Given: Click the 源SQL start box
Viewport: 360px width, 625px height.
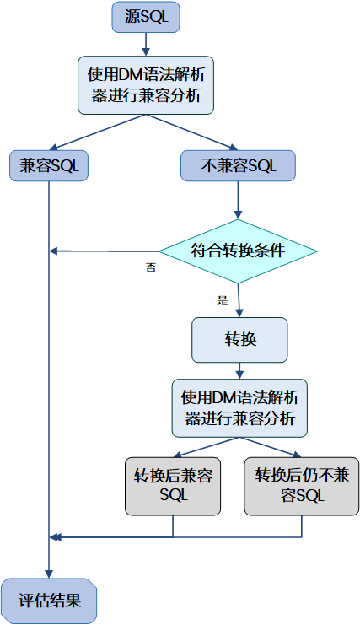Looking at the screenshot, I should click(145, 17).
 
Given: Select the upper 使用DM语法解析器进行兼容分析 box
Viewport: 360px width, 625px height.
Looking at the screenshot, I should click(145, 84).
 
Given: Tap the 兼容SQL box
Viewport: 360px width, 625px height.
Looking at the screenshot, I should click(49, 165).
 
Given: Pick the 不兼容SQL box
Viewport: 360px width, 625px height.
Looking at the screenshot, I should click(239, 165).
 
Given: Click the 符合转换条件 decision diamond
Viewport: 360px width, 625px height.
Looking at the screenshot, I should click(239, 251).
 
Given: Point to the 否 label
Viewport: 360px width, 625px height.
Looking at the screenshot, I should click(151, 268).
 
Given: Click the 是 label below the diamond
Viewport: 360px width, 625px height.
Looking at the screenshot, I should click(223, 300).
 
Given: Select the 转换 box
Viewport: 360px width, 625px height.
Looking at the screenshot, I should click(240, 339).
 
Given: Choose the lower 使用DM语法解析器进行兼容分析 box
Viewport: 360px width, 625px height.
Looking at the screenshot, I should click(240, 408).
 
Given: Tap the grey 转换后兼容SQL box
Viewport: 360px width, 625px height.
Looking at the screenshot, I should click(173, 486).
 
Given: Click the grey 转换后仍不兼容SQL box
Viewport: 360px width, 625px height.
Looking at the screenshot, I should click(301, 486).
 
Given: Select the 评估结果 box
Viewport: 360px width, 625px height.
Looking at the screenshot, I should click(49, 601).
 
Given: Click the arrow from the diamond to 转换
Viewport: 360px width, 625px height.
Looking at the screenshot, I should click(239, 299).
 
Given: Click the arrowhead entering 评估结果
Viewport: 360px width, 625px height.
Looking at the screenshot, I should click(49, 573).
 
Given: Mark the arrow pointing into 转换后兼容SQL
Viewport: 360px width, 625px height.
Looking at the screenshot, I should click(207, 447).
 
